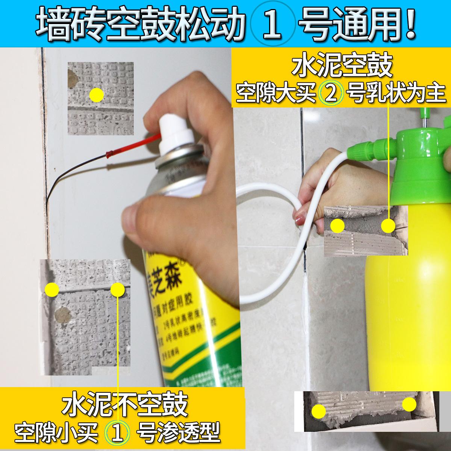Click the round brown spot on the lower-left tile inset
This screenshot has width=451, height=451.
pyautogui.click(x=60, y=315)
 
